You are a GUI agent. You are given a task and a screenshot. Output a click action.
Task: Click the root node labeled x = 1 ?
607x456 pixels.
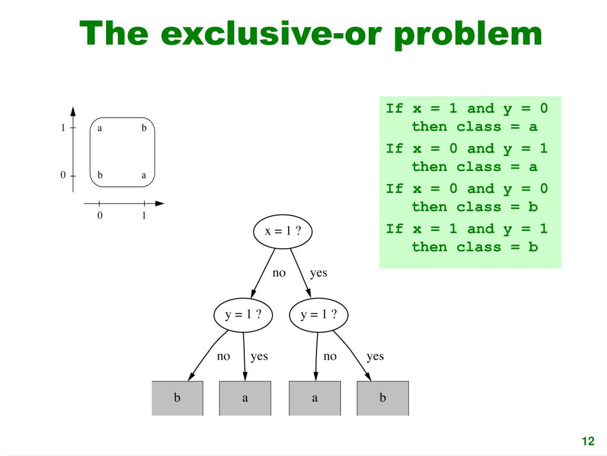(283, 232)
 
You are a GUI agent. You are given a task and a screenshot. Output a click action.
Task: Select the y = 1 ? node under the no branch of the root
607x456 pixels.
(243, 315)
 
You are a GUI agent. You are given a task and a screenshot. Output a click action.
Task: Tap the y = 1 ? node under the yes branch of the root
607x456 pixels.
(318, 315)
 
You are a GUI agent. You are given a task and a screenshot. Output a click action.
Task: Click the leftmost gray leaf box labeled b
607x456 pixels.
(177, 398)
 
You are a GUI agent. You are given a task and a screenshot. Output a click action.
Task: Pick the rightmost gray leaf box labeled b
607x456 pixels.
(382, 398)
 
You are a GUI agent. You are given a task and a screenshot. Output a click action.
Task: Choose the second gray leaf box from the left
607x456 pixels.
(245, 398)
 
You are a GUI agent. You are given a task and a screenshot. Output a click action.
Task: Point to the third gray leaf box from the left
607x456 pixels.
(315, 398)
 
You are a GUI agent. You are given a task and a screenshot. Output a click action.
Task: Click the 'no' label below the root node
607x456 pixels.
(279, 274)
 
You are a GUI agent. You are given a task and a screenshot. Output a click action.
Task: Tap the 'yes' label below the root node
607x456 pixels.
(318, 274)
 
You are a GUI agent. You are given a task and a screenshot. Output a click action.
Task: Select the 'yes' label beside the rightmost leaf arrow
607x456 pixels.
(375, 356)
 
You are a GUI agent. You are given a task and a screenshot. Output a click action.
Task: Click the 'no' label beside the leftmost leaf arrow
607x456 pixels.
(223, 356)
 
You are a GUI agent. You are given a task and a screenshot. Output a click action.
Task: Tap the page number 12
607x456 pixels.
(587, 441)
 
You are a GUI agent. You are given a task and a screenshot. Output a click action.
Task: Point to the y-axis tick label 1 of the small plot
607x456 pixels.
(63, 128)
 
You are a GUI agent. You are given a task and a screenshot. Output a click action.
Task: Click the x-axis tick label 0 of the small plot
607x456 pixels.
(100, 216)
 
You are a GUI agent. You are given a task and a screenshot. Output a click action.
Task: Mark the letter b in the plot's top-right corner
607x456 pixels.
(143, 128)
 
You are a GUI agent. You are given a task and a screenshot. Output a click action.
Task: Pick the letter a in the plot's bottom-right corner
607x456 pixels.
(143, 176)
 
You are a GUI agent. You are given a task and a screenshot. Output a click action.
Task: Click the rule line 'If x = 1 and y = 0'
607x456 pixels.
(467, 109)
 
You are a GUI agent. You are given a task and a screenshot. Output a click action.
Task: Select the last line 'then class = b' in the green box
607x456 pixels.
(474, 247)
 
